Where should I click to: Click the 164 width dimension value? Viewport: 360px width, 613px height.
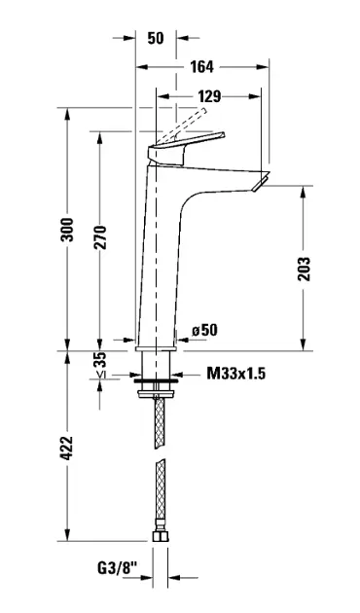[x=201, y=67]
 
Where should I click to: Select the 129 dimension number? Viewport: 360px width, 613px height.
[x=209, y=96]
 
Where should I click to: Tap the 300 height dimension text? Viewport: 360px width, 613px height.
[x=68, y=230]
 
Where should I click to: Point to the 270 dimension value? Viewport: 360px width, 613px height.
[x=100, y=237]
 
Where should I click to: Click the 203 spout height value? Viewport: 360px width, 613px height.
[x=305, y=269]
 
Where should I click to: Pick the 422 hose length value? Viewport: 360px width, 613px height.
[x=68, y=448]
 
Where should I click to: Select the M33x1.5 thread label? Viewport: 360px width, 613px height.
[x=236, y=374]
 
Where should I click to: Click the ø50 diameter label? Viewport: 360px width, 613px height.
[x=204, y=330]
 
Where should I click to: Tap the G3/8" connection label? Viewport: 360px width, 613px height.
[x=118, y=567]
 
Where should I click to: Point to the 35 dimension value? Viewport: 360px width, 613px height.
[x=100, y=359]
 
